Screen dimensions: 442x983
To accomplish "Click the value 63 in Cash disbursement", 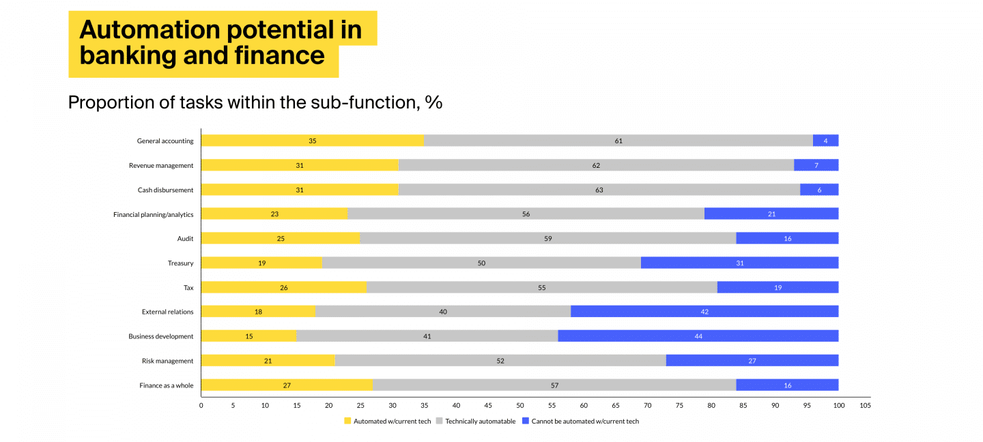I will [599, 190].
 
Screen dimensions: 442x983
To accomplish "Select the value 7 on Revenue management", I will [816, 165].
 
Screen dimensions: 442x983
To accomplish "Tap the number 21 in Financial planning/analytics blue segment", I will [771, 214].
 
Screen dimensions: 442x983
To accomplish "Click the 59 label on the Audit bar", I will [548, 239].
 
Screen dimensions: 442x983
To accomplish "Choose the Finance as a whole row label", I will [166, 385].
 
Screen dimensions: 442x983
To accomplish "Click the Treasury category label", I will [180, 263].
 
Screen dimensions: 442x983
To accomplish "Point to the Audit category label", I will [185, 239].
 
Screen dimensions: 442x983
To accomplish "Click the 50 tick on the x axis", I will [520, 405].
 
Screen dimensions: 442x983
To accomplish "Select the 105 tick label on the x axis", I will [864, 405].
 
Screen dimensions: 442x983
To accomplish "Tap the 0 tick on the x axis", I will [201, 405].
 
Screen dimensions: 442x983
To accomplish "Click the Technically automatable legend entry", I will [480, 422].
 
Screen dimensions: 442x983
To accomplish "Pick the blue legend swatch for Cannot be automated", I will [525, 422].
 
